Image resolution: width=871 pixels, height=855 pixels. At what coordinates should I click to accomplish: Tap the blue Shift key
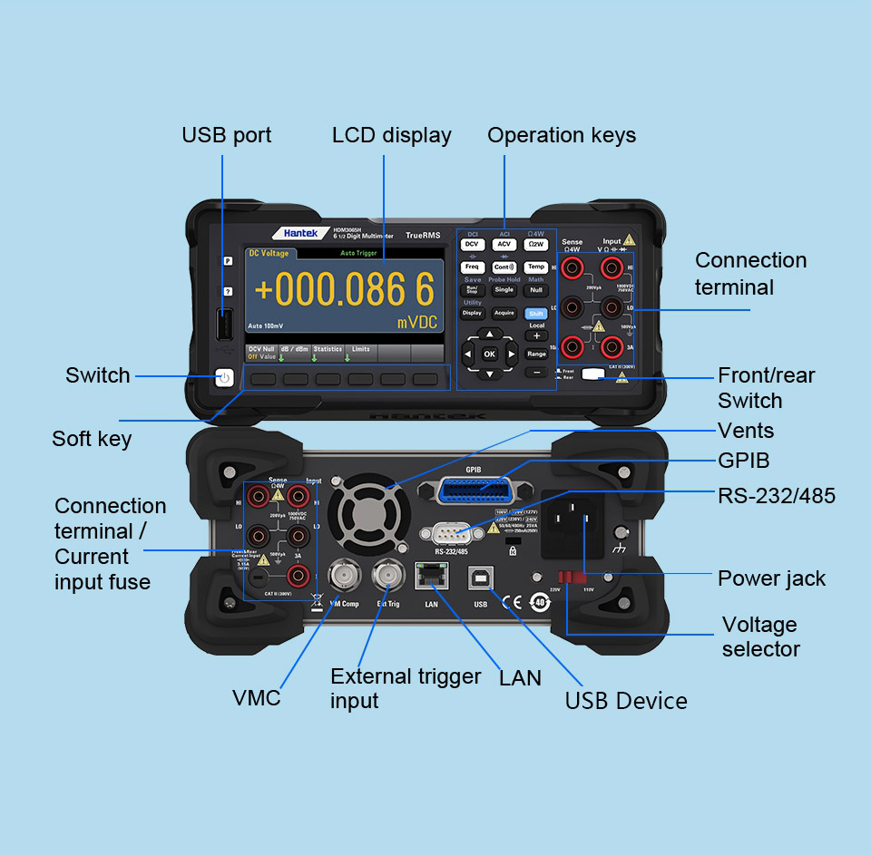click(x=535, y=313)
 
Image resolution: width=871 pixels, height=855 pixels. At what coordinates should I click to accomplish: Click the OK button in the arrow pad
click(x=490, y=354)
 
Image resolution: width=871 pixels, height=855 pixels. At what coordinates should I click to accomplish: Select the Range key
click(x=536, y=354)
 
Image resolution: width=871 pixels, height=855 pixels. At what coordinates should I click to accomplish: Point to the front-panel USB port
click(x=224, y=325)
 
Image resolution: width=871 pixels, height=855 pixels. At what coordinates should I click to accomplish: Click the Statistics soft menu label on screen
click(x=328, y=349)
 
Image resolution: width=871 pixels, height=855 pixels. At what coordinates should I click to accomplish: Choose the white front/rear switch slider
click(x=593, y=373)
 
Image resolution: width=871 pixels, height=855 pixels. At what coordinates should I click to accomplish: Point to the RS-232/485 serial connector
click(x=451, y=533)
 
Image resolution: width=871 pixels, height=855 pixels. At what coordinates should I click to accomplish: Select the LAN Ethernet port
click(x=431, y=578)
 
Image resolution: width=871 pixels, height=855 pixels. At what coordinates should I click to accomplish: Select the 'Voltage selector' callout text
click(x=760, y=636)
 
